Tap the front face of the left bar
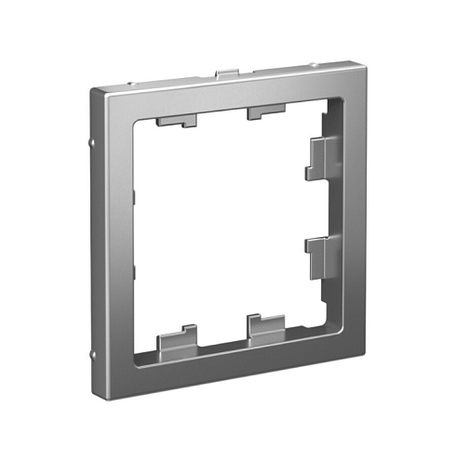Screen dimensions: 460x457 pyautogui.click(x=114, y=242)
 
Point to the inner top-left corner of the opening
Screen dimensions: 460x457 pyautogui.click(x=135, y=124)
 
